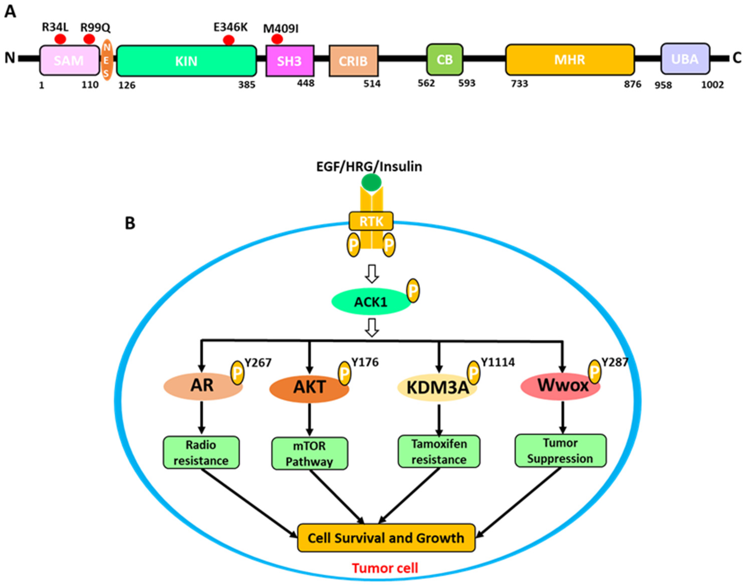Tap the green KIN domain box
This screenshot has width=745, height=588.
tap(186, 61)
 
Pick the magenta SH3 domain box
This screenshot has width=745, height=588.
tap(289, 61)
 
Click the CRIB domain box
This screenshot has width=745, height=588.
tap(353, 61)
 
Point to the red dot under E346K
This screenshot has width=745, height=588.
tap(228, 40)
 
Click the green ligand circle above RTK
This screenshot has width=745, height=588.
tap(371, 182)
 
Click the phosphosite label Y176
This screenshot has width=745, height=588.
tap(364, 363)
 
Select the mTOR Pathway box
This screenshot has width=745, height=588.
tap(309, 454)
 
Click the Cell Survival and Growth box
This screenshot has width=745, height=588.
tap(386, 538)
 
